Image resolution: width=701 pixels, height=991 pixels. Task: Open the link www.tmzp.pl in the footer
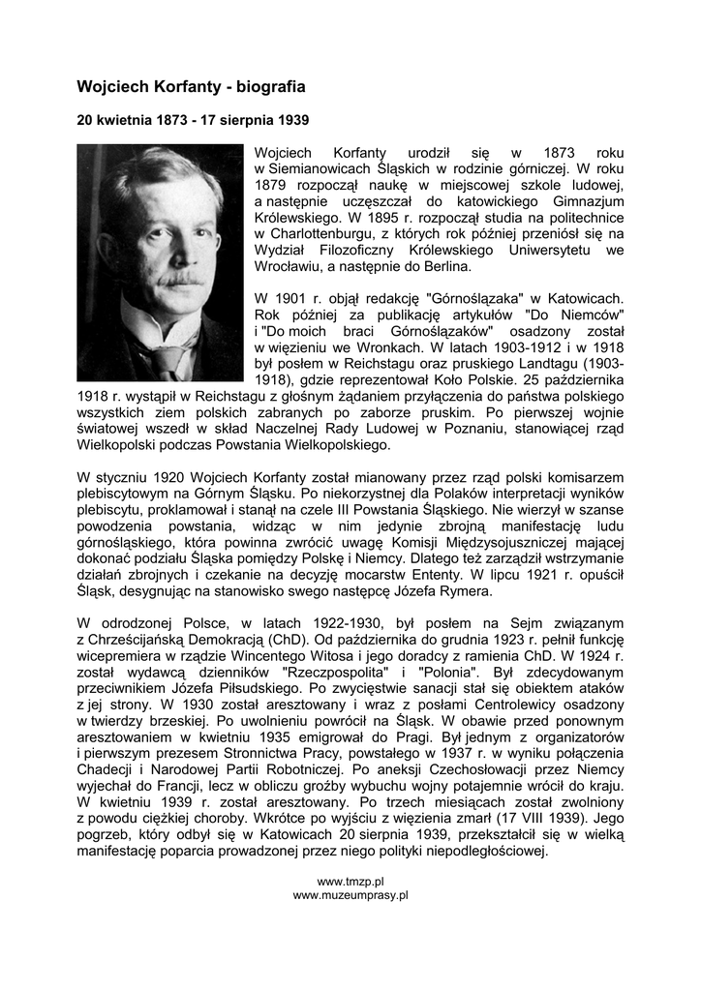[x=350, y=882]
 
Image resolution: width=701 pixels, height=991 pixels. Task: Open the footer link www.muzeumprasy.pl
[x=350, y=895]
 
